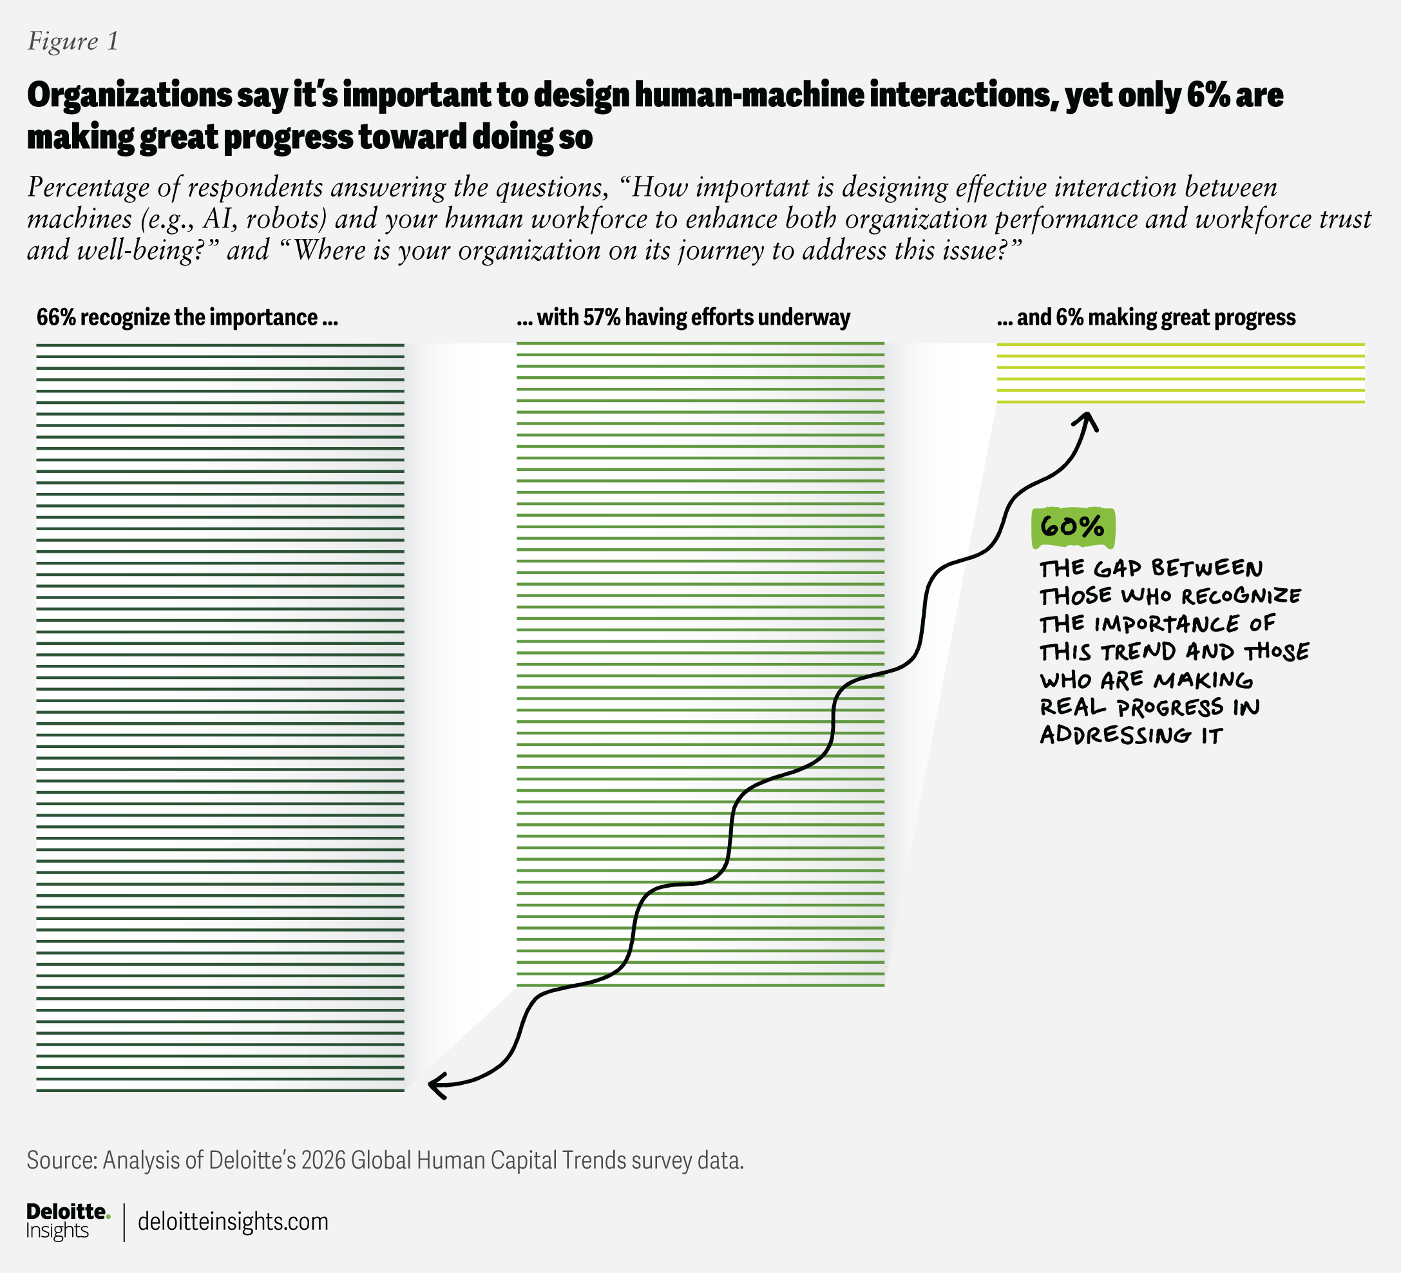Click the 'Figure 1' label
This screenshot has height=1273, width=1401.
(73, 42)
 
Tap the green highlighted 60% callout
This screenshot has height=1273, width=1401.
(1073, 528)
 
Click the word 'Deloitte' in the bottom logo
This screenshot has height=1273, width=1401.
(67, 1212)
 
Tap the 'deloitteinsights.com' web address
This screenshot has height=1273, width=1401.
(233, 1221)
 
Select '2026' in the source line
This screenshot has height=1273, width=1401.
(324, 1160)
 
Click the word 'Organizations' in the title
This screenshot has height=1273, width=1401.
(129, 95)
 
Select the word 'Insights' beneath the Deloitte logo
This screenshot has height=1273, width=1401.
(58, 1230)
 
